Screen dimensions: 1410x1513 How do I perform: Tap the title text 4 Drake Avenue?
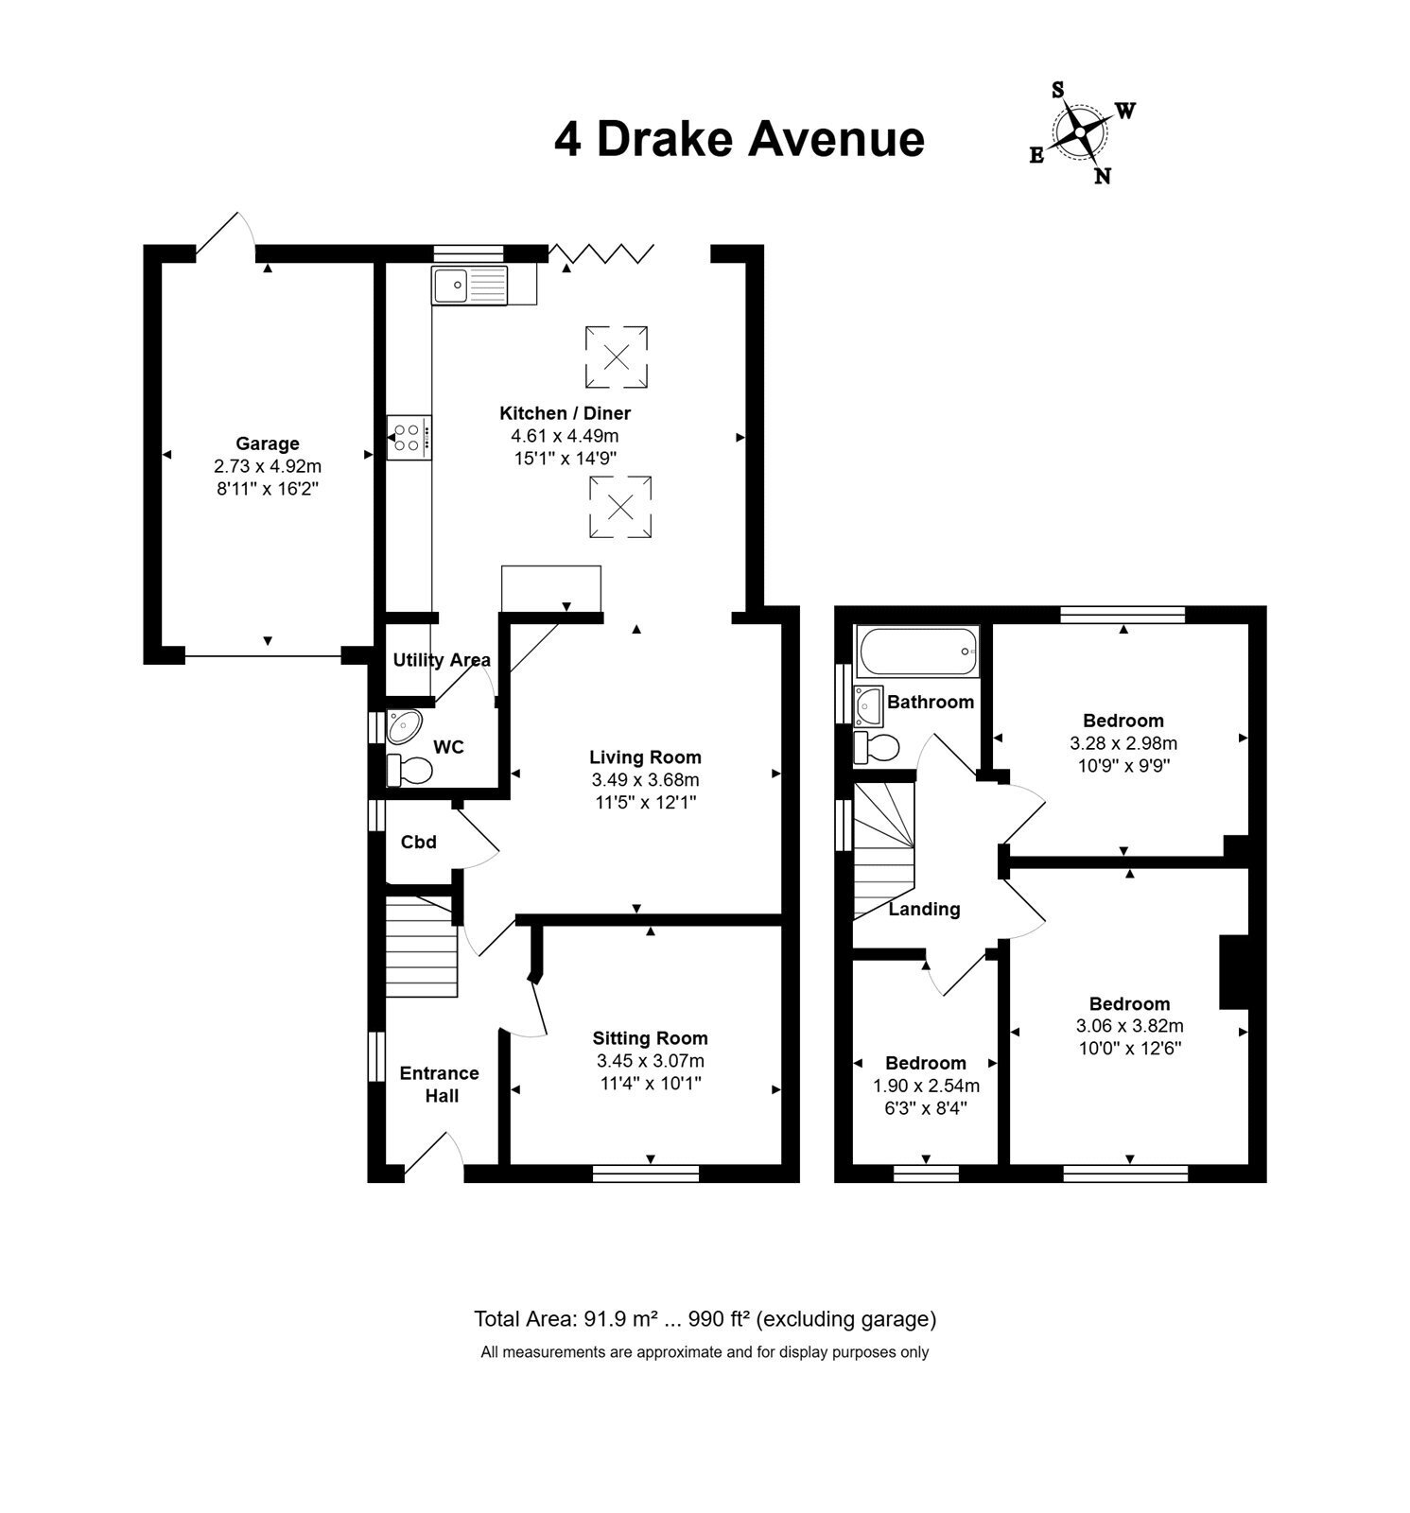point(739,139)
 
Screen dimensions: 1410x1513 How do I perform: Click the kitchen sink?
point(470,285)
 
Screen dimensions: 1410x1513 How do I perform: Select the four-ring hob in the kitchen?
point(409,438)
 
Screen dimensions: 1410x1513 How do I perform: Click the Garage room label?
point(268,443)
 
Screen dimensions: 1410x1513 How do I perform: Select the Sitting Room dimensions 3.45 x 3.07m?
point(651,1061)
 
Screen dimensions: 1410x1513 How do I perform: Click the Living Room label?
point(645,756)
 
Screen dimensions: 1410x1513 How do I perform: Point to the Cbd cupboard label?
point(419,842)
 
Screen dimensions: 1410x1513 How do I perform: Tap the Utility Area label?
point(442,660)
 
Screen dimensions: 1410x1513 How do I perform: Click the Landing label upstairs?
point(924,909)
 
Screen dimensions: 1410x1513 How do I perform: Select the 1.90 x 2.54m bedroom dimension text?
point(926,1086)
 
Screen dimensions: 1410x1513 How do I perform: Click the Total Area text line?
point(705,1318)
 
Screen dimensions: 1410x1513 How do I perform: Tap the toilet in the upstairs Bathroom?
point(876,747)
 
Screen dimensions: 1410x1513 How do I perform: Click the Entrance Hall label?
point(440,1085)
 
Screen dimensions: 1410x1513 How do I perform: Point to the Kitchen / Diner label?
point(565,413)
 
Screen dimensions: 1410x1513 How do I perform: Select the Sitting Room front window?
point(646,1174)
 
